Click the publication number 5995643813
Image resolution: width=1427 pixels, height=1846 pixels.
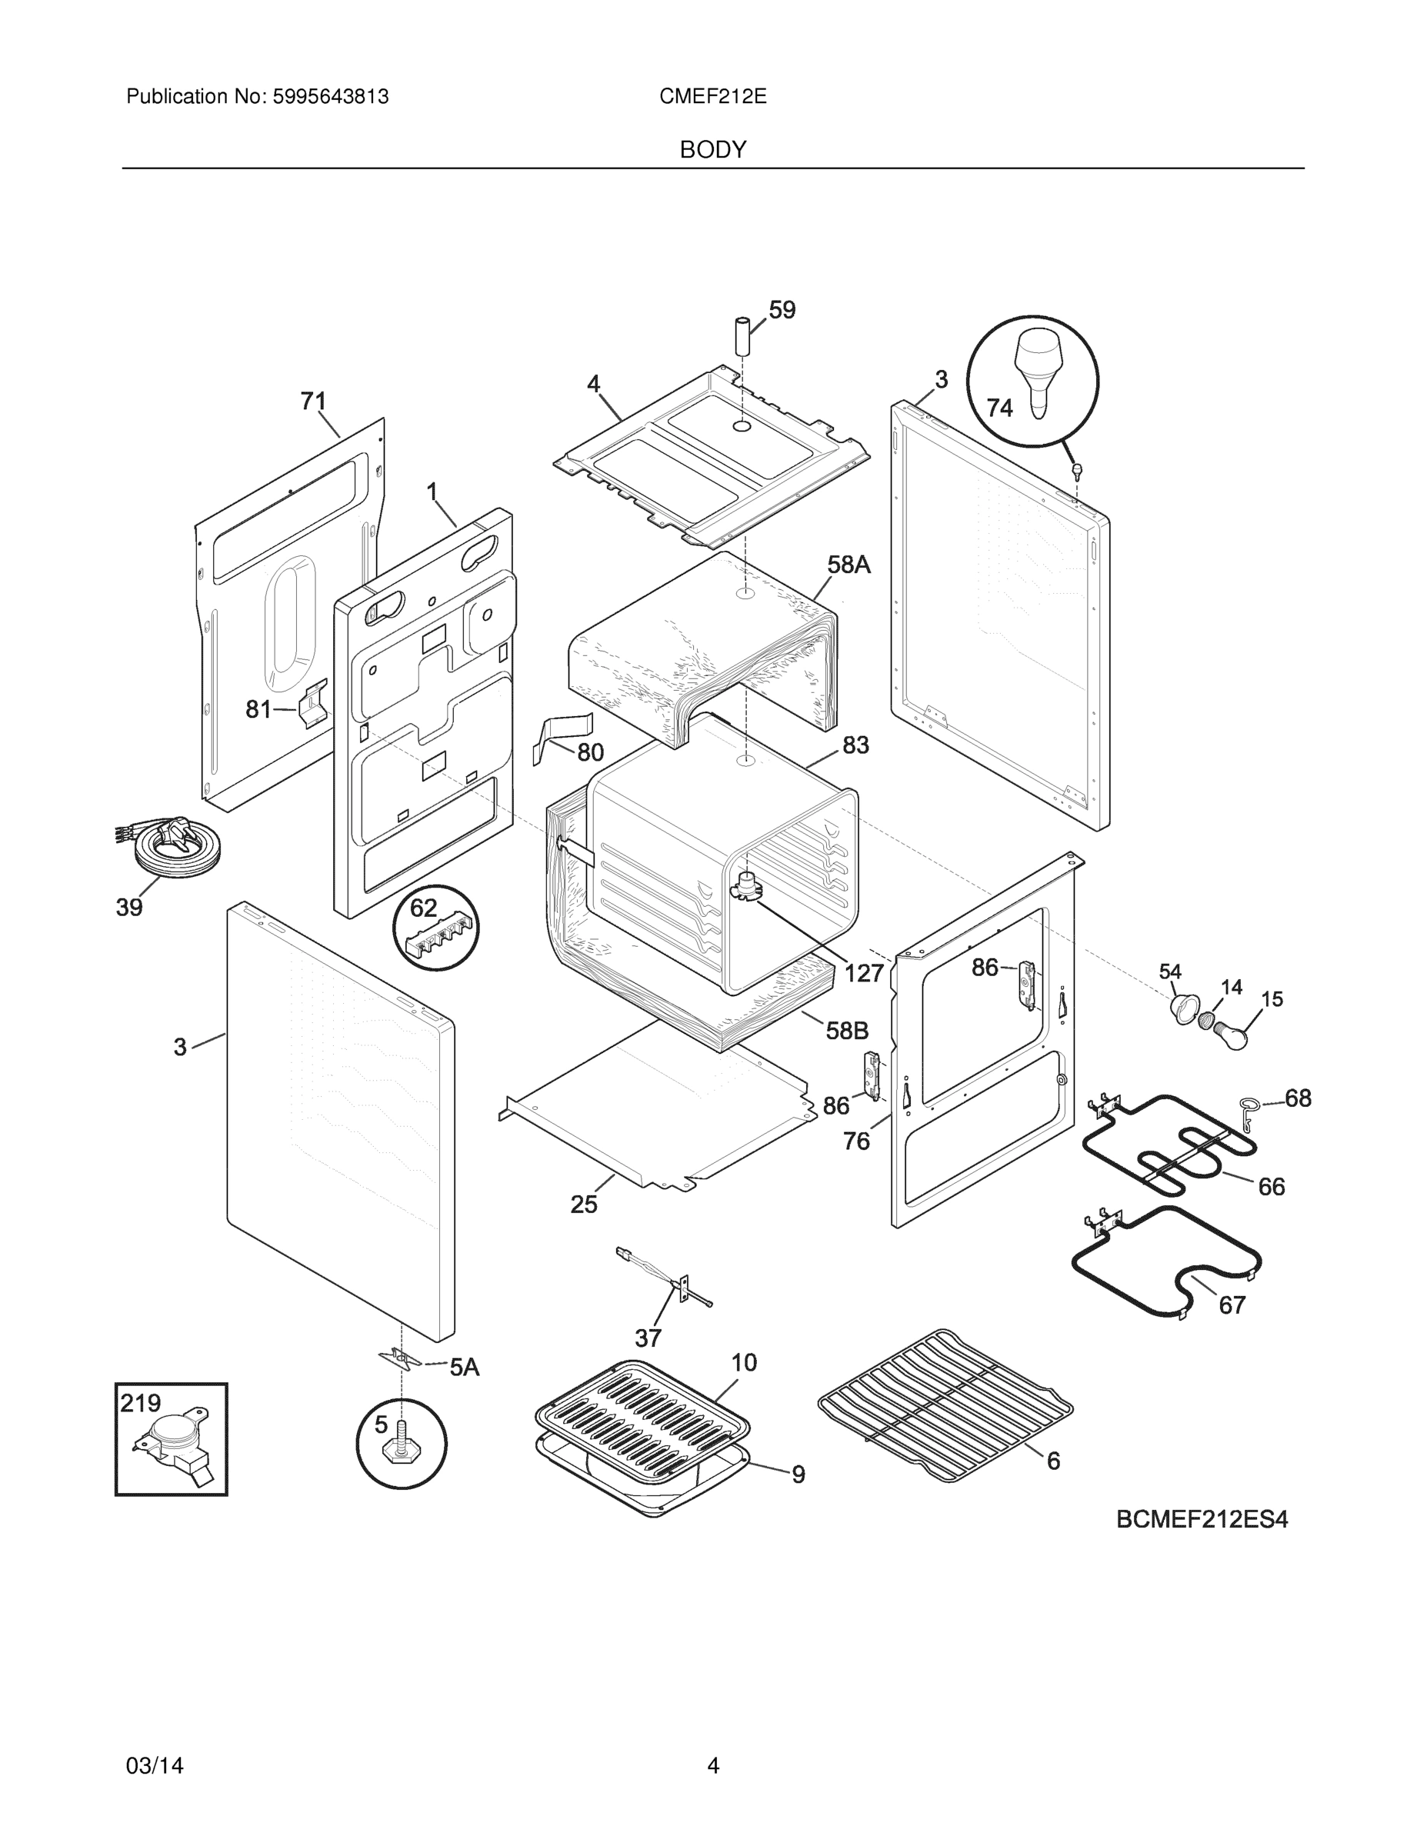pyautogui.click(x=330, y=97)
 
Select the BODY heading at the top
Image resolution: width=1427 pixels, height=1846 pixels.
pyautogui.click(x=712, y=150)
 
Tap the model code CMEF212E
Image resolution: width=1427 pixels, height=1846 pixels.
pyautogui.click(x=712, y=97)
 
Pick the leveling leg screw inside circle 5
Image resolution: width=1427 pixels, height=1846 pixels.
pyautogui.click(x=402, y=1447)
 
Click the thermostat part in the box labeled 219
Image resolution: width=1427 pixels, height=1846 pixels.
pyautogui.click(x=173, y=1447)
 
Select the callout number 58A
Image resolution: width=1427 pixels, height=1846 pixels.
pyautogui.click(x=848, y=565)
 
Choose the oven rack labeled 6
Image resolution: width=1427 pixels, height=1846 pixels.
pyautogui.click(x=945, y=1404)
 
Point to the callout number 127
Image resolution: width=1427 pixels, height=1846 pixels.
pyautogui.click(x=864, y=974)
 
